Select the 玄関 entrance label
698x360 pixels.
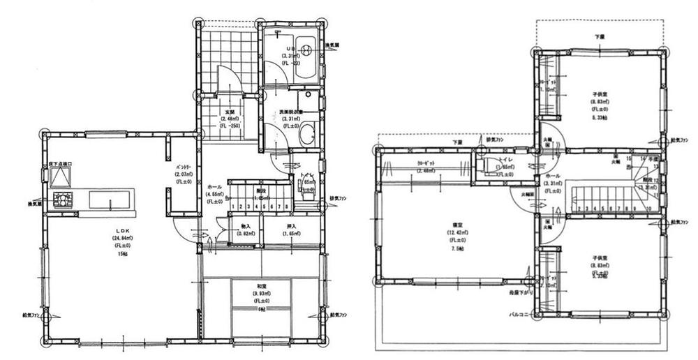click(x=228, y=112)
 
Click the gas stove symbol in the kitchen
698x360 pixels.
click(x=62, y=200)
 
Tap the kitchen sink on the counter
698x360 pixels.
click(x=110, y=201)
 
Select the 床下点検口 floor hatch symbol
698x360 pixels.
click(x=61, y=176)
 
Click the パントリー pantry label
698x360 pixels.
click(x=184, y=168)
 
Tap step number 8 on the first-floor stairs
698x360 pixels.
click(x=287, y=207)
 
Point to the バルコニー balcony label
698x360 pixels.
click(x=521, y=315)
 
